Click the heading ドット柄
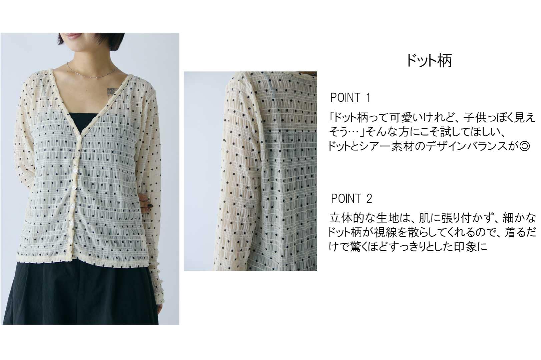(x=429, y=61)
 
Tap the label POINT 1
(x=350, y=98)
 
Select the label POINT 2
(x=352, y=198)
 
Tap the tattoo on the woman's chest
(x=112, y=91)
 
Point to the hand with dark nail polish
(x=147, y=202)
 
